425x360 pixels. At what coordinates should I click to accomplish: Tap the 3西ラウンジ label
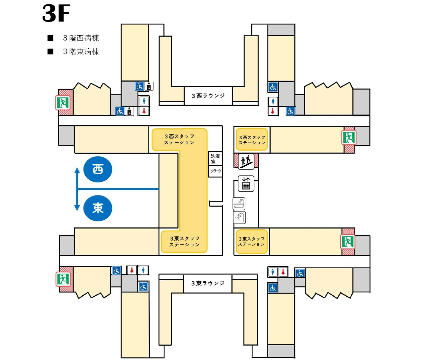(x=208, y=96)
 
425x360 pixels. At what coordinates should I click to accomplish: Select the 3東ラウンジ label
(x=208, y=283)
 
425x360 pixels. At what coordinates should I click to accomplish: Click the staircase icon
(x=246, y=162)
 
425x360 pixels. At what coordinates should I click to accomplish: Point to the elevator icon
(x=246, y=183)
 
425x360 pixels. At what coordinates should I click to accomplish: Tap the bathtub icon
(x=239, y=204)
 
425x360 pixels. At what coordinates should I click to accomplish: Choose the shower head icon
(x=239, y=218)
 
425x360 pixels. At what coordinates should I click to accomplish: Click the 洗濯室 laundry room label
(x=215, y=159)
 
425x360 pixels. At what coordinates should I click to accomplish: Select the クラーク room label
(x=216, y=171)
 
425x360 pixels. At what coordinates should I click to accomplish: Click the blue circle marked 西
(x=98, y=169)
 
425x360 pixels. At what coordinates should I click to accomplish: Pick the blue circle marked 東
(x=98, y=208)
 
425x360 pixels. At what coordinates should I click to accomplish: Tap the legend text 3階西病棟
(x=81, y=38)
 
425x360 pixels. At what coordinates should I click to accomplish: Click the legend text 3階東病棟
(x=81, y=52)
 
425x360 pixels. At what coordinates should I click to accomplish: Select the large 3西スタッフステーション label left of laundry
(x=179, y=139)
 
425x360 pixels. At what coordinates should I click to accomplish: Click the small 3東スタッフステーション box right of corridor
(x=252, y=242)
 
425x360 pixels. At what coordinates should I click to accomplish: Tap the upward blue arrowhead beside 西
(x=77, y=170)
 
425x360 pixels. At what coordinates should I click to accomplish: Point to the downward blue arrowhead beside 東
(x=77, y=208)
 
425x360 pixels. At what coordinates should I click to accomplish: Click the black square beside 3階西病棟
(x=50, y=38)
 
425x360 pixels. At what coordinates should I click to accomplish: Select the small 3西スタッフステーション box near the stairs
(x=252, y=140)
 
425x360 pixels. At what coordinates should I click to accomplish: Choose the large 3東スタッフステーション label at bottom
(x=185, y=242)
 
